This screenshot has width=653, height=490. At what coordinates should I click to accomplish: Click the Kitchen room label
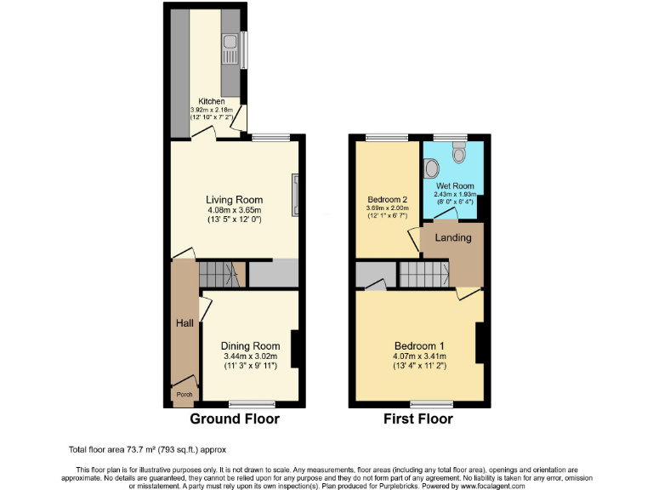coord(212,102)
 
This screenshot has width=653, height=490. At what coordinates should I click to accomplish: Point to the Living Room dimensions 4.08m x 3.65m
coord(234,210)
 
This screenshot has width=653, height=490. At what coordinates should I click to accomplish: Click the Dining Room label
coord(250,346)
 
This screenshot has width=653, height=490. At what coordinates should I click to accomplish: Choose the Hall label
coord(185,323)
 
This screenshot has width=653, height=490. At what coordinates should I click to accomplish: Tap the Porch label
coord(184,395)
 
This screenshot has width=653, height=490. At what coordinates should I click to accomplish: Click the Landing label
coord(453,238)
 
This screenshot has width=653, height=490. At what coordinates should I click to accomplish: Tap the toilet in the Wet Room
coord(459,152)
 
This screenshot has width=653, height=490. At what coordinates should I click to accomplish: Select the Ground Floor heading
coord(234,419)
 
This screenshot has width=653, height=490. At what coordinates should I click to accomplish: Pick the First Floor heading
coord(418,419)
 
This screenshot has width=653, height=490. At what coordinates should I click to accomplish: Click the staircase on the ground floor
coord(217,275)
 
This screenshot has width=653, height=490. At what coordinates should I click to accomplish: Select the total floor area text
coord(147,448)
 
